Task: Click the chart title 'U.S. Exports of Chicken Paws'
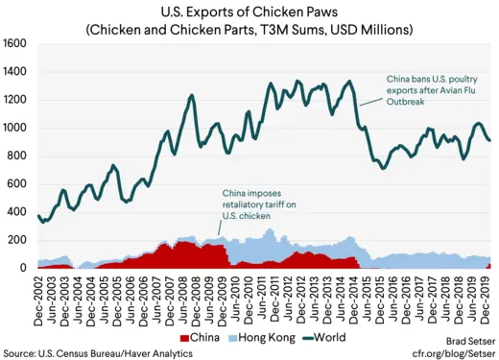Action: tap(249, 12)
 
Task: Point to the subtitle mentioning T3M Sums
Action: tap(249, 30)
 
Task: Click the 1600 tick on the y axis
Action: tap(16, 44)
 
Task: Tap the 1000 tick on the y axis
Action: tap(16, 128)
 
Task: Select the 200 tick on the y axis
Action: tap(19, 240)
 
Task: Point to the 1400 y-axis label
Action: tap(16, 72)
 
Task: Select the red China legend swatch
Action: tap(185, 338)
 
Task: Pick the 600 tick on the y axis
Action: tap(19, 184)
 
